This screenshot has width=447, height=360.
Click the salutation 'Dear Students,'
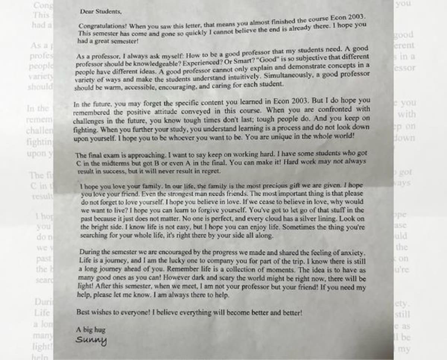click(101, 12)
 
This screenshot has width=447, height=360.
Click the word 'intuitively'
click(240, 77)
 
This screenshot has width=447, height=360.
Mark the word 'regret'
click(211, 171)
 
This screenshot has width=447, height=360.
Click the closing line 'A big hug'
click(91, 330)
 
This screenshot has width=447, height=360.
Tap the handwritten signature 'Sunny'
click(91, 340)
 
